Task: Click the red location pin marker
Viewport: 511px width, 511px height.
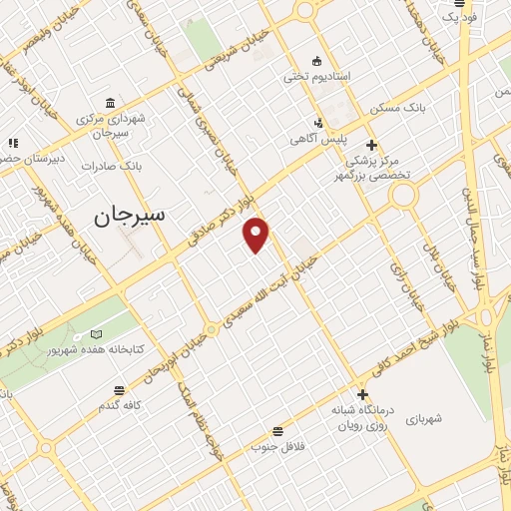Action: [257, 234]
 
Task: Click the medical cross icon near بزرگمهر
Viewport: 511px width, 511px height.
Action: [370, 144]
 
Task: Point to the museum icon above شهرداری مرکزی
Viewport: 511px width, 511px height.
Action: [109, 104]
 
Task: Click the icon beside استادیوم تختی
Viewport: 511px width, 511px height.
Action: [316, 60]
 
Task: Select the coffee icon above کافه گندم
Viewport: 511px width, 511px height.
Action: [120, 390]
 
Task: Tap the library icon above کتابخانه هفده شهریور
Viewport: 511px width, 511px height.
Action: [96, 334]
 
